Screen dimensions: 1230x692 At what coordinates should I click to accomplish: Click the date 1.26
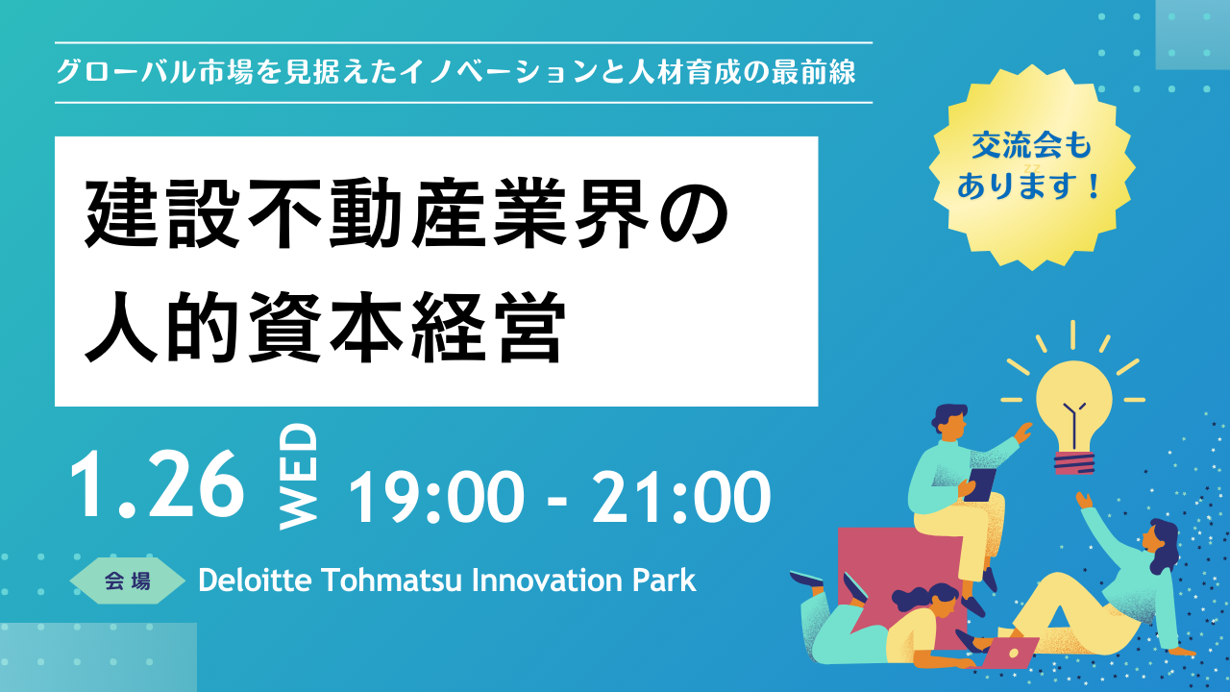pos(157,484)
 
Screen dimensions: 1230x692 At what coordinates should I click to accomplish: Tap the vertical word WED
pos(299,477)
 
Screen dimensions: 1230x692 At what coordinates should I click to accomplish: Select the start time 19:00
pos(436,497)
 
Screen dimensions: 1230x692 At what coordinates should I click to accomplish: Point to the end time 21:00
pos(681,497)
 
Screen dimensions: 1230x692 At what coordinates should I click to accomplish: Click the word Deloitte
pos(256,580)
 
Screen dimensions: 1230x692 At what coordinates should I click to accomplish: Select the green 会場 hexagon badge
pos(128,581)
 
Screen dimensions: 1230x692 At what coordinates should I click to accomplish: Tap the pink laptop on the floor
pos(1009,653)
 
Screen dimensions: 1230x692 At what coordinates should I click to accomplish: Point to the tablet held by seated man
pos(981,484)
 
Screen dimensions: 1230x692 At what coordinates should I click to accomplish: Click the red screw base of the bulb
pos(1074,462)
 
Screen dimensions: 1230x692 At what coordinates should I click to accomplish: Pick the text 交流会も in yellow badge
pos(1031,146)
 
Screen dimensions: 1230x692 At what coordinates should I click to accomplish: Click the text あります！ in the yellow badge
pos(1029,185)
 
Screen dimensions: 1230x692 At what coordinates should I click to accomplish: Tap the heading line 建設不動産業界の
pos(406,213)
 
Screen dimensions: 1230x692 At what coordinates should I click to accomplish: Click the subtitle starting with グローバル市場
pos(455,72)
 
